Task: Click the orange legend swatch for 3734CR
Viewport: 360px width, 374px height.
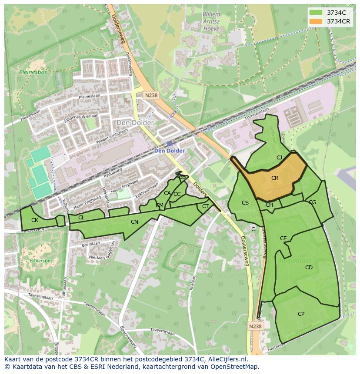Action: (x=316, y=21)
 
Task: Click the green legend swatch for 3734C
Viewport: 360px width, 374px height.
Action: (x=316, y=13)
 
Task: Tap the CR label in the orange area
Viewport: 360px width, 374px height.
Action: (x=275, y=178)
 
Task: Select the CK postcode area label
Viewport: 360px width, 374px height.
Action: (x=35, y=220)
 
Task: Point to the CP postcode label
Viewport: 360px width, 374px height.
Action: (x=301, y=314)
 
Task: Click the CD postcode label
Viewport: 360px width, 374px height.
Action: (x=309, y=268)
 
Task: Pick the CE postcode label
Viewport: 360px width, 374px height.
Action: (x=283, y=238)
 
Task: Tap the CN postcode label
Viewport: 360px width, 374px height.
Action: (x=134, y=222)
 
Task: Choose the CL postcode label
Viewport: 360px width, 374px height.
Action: (x=81, y=218)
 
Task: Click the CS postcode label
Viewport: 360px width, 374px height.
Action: (x=245, y=203)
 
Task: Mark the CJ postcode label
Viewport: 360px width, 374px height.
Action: (x=279, y=158)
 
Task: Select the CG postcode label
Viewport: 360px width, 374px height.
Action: (x=312, y=202)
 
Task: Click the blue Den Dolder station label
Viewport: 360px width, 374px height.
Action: (x=170, y=151)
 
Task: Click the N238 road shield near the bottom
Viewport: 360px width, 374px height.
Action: (x=256, y=326)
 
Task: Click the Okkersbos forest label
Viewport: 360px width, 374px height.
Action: (x=41, y=261)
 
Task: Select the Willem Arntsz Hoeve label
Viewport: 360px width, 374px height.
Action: (x=211, y=20)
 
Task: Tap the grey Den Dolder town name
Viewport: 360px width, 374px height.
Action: (x=135, y=123)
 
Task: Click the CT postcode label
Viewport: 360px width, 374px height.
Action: (x=205, y=206)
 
